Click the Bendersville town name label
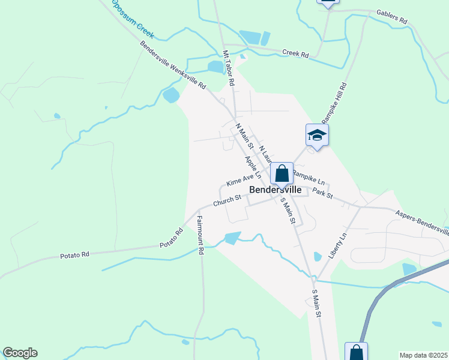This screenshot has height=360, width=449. click(275, 189)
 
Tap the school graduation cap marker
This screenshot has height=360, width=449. click(316, 135)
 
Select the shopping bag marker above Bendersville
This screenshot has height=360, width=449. click(282, 174)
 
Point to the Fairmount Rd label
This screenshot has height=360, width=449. click(200, 235)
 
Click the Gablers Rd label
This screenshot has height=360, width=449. click(391, 16)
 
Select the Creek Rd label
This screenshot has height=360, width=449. click(295, 54)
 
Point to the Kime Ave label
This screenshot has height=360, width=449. click(240, 180)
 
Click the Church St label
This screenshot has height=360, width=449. click(227, 199)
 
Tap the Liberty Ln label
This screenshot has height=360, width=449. click(338, 246)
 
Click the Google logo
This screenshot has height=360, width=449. click(20, 353)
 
